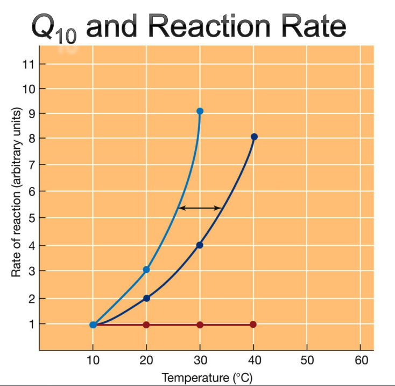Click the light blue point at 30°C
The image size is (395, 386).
point(200,111)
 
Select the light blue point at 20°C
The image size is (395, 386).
point(146,269)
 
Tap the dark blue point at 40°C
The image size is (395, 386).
point(254,137)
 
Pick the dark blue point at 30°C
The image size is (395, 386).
point(200,245)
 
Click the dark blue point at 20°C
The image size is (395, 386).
point(146,298)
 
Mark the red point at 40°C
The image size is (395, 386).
point(253,325)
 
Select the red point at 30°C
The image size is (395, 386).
point(200,325)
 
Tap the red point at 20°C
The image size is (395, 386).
point(146,325)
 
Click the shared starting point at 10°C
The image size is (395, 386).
point(93,325)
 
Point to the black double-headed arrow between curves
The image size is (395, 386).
point(200,208)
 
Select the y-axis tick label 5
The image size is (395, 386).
point(31,218)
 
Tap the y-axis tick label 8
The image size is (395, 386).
point(31,139)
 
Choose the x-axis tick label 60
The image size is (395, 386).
point(360,360)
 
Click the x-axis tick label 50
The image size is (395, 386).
point(307,360)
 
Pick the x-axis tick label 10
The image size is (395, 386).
point(93,360)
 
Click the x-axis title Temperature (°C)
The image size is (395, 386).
point(200,377)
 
